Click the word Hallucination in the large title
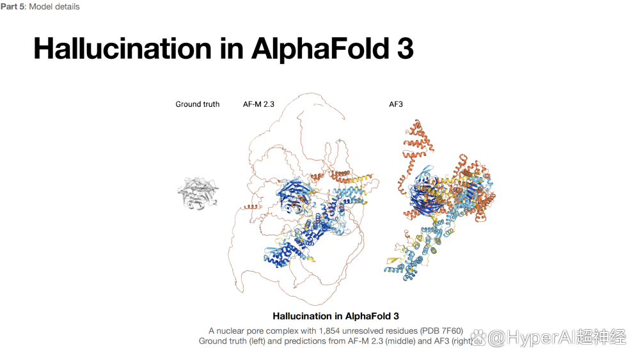(123, 49)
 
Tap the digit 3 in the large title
(405, 49)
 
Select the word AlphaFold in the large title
(320, 49)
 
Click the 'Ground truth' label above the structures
(197, 104)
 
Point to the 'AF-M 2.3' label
(258, 104)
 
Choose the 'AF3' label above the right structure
(396, 104)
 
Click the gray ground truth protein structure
(198, 194)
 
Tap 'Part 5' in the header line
(13, 6)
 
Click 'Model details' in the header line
(54, 6)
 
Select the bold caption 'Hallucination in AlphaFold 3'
(336, 316)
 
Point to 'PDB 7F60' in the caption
(442, 331)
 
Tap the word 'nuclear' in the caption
(230, 331)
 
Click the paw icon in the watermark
(478, 337)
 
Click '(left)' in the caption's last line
(257, 341)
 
